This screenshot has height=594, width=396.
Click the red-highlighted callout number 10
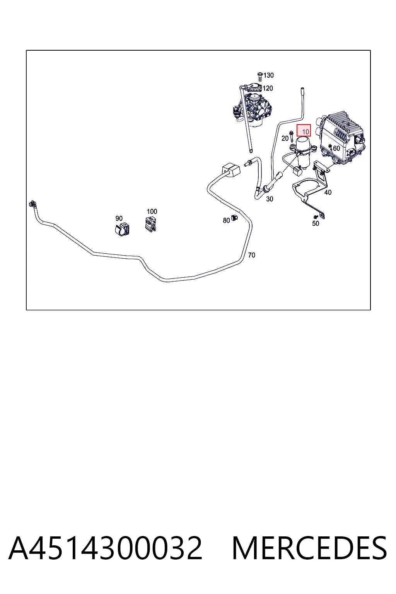[x=306, y=131]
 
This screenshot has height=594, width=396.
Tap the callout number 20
[x=285, y=138]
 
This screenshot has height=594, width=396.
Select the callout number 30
[x=270, y=199]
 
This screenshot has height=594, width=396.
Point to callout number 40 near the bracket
[x=328, y=192]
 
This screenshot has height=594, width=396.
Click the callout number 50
[x=315, y=224]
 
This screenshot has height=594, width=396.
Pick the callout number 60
[x=336, y=148]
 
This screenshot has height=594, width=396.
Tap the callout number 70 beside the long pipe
[x=251, y=255]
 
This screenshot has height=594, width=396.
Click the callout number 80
[x=226, y=220]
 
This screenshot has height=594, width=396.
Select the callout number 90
[x=119, y=218]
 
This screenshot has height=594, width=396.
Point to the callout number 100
[x=152, y=212]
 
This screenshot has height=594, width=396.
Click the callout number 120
[x=268, y=88]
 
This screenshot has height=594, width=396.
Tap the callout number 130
[x=268, y=75]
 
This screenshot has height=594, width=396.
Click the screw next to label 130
[x=260, y=76]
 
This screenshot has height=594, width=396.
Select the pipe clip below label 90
[x=122, y=229]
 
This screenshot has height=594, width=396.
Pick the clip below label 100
[x=150, y=224]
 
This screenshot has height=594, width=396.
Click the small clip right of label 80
[x=234, y=217]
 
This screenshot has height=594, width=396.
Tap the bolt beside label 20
[x=292, y=136]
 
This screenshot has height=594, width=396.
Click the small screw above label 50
[x=315, y=217]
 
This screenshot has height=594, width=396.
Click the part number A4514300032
[x=105, y=548]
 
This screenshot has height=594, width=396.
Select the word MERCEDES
[x=309, y=548]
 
